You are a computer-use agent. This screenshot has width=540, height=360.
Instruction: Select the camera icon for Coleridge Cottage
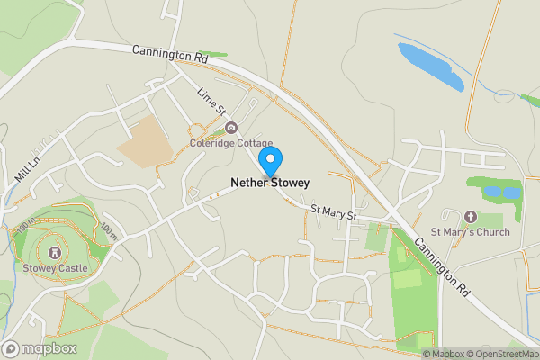(231, 128)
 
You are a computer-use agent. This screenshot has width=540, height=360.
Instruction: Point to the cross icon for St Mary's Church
(470, 217)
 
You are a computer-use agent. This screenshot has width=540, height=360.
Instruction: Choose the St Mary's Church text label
(470, 232)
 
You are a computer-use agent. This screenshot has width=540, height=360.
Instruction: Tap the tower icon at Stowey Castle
(55, 253)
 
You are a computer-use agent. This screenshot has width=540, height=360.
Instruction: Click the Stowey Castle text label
(55, 267)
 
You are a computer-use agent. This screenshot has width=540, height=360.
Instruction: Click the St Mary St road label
(334, 213)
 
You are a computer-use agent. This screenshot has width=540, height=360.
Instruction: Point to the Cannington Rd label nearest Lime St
(169, 55)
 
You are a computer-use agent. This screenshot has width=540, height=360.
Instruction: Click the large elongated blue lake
(431, 67)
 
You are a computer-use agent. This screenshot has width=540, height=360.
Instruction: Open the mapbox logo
(40, 348)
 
